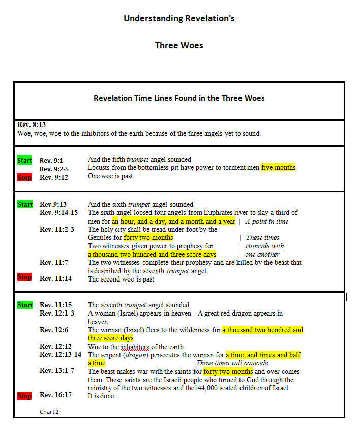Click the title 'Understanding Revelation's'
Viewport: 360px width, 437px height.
tap(179, 19)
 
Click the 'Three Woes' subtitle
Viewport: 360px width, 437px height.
tap(179, 45)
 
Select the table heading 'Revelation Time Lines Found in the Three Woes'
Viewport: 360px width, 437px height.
tap(179, 98)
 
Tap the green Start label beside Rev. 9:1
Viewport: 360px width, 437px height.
tap(25, 161)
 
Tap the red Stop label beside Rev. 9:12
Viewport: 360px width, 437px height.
tap(24, 177)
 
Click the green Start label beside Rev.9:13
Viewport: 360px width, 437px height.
tap(25, 204)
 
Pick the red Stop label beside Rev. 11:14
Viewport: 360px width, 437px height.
tap(24, 277)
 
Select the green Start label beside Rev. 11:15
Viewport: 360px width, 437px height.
tap(25, 305)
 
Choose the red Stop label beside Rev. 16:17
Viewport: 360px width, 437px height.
tap(24, 396)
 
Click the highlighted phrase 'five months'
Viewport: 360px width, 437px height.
tap(278, 168)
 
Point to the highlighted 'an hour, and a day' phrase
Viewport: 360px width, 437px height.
tap(147, 221)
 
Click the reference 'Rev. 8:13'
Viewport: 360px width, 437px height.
tap(32, 124)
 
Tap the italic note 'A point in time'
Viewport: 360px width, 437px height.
tap(267, 222)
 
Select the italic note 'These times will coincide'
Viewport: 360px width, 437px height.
tap(232, 363)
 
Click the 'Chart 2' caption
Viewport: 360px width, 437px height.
tap(49, 412)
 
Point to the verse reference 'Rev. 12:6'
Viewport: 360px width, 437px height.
tap(54, 330)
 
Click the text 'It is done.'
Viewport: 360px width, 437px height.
tap(102, 396)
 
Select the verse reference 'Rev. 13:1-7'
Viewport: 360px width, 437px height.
tap(57, 371)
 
